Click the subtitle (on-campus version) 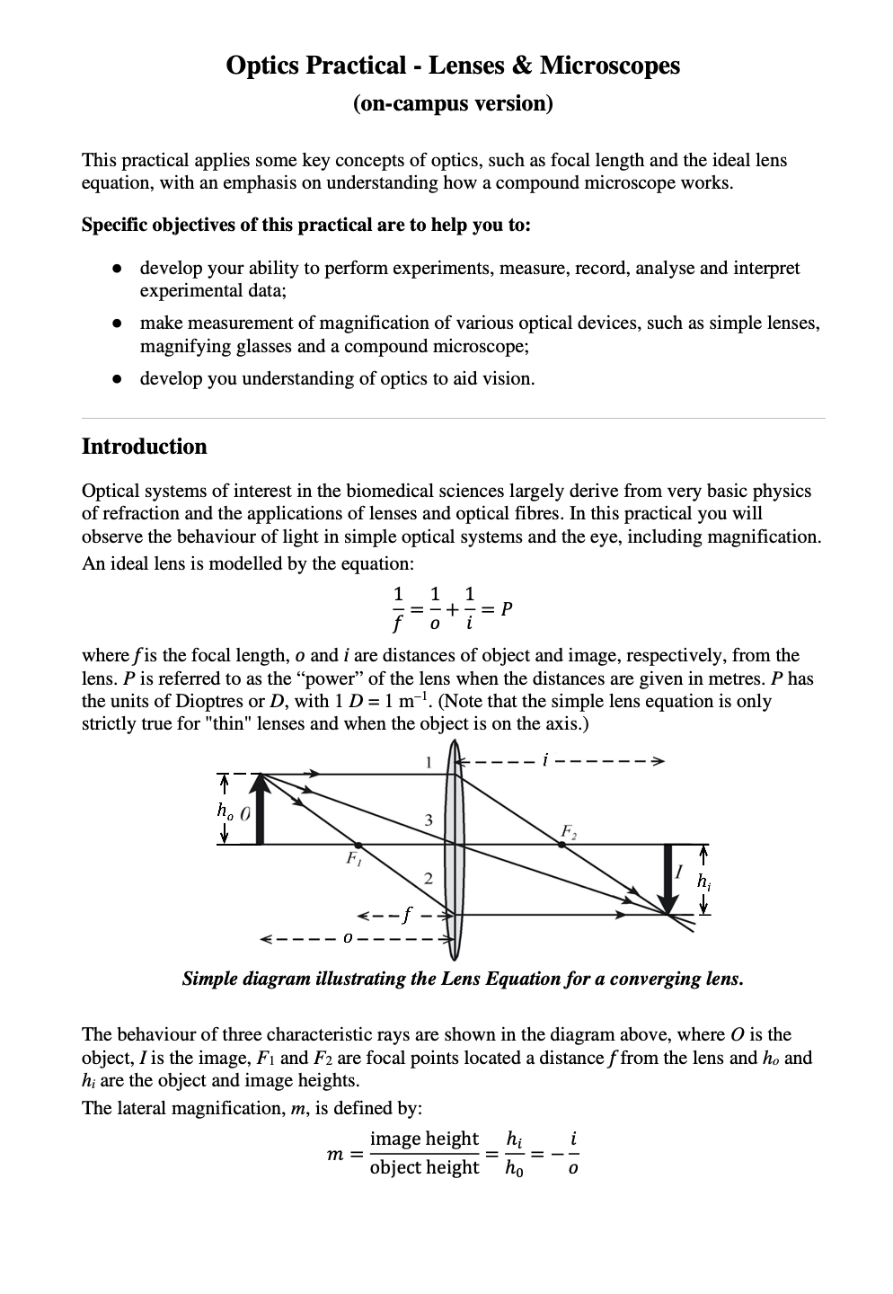(453, 103)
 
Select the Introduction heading (144, 447)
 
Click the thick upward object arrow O (261, 810)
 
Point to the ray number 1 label (429, 762)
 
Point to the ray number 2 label (428, 877)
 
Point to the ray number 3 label (429, 820)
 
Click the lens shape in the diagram (455, 845)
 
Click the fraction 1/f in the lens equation (396, 608)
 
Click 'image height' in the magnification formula (424, 1139)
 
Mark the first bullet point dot (117, 269)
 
